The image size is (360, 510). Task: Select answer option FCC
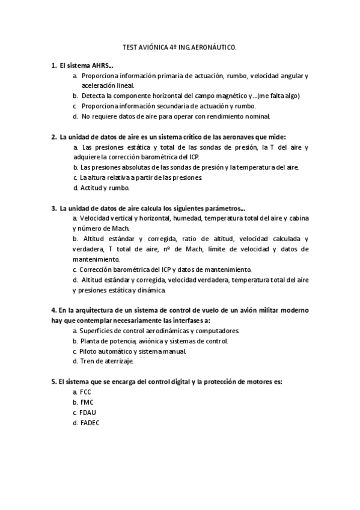pyautogui.click(x=85, y=392)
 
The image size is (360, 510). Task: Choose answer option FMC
pyautogui.click(x=86, y=402)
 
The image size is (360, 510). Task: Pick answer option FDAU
pyautogui.click(x=87, y=412)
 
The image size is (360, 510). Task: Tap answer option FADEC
pyautogui.click(x=89, y=422)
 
